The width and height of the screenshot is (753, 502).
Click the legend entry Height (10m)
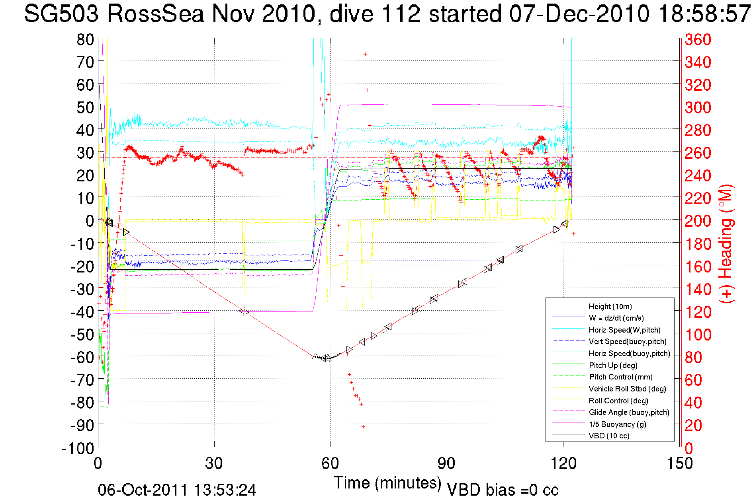tap(610, 306)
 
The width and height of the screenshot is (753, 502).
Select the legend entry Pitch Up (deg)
tap(613, 365)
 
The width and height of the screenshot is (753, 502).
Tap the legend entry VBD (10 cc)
tap(609, 436)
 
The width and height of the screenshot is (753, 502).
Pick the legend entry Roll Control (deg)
tap(618, 401)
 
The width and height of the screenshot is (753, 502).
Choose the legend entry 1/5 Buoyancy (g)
tap(617, 424)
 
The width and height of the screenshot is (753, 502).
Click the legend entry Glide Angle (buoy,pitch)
tap(629, 412)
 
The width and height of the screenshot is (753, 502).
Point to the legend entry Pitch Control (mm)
tap(620, 377)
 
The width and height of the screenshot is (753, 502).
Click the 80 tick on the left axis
tap(85, 39)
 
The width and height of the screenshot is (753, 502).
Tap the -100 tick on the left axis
tap(78, 448)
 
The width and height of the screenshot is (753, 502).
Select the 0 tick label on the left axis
tap(90, 221)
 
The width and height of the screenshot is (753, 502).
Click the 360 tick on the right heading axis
tap(698, 39)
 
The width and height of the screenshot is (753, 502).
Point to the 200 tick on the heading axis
tap(698, 221)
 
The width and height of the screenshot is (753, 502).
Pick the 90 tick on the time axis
tap(446, 463)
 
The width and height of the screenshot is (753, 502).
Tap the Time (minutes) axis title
tap(387, 483)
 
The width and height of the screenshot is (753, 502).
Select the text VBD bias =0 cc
tap(503, 490)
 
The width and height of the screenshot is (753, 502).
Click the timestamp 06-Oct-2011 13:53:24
tap(177, 490)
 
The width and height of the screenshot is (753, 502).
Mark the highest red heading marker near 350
tap(365, 54)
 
